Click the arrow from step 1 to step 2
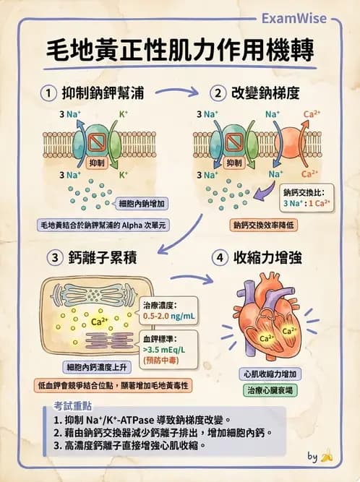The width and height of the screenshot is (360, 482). click(176, 92)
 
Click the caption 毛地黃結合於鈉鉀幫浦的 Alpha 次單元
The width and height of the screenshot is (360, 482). click(103, 225)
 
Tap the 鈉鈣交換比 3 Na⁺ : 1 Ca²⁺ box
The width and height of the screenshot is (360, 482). click(306, 198)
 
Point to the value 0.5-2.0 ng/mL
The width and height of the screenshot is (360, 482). click(168, 315)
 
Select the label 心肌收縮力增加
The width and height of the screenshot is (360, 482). click(270, 374)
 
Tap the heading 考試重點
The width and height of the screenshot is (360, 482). click(71, 405)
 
